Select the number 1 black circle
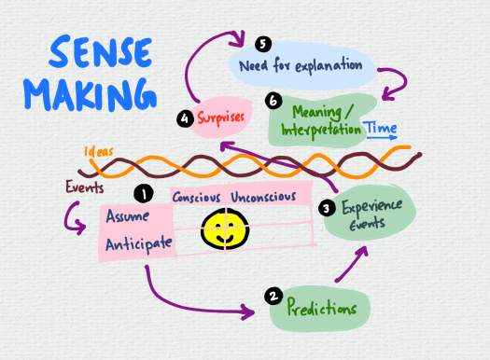(x=143, y=193)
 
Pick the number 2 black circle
(x=273, y=297)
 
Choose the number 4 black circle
(x=187, y=119)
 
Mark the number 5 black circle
(x=262, y=44)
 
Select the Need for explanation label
(x=301, y=65)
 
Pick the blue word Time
(x=382, y=128)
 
